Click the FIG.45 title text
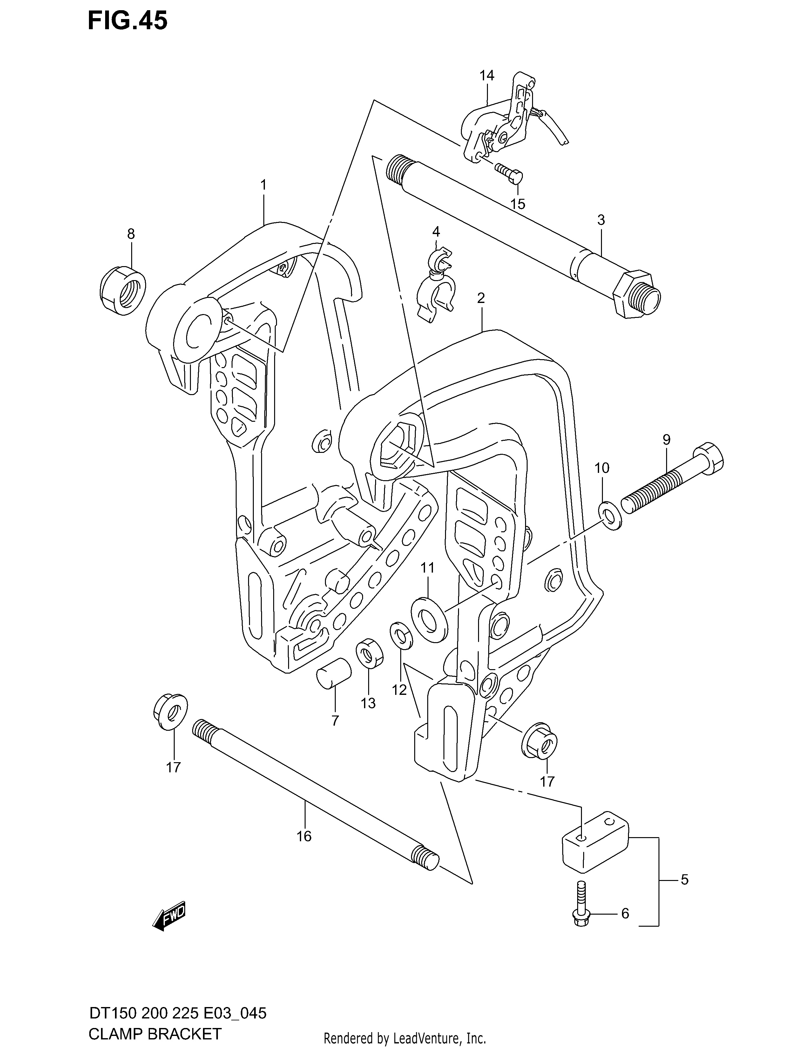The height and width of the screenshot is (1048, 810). pyautogui.click(x=128, y=21)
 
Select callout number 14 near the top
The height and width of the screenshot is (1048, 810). pyautogui.click(x=487, y=75)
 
